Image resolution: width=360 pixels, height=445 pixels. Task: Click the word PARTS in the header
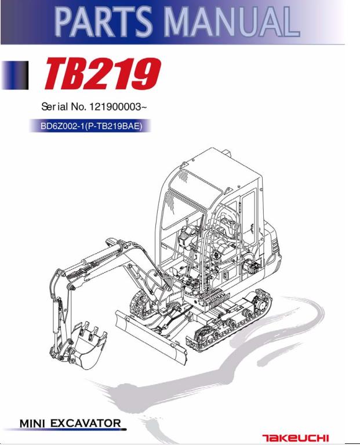pyautogui.click(x=104, y=23)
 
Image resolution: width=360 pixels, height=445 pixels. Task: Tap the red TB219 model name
pyautogui.click(x=103, y=73)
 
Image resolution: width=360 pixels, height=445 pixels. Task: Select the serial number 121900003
pyautogui.click(x=115, y=107)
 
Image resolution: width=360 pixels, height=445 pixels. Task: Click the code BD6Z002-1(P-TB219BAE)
pyautogui.click(x=91, y=126)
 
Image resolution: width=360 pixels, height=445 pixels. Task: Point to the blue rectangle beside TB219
pyautogui.click(x=15, y=75)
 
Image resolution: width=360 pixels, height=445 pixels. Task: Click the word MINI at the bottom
pyautogui.click(x=32, y=424)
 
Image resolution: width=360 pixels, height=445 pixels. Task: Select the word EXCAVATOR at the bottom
pyautogui.click(x=86, y=424)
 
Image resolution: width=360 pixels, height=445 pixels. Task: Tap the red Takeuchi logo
pyautogui.click(x=296, y=438)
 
